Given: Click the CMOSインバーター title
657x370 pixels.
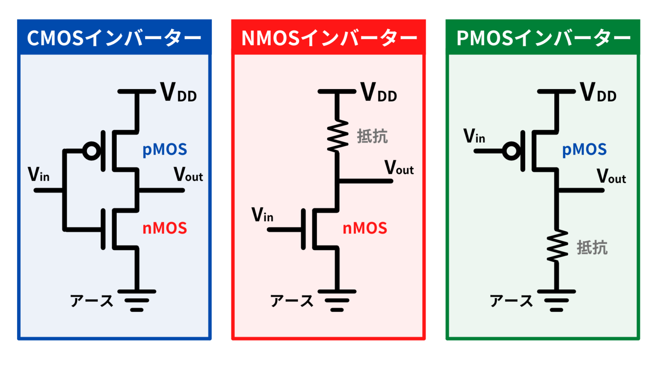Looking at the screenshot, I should click(x=114, y=38).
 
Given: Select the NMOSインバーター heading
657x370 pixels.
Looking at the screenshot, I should click(x=328, y=38).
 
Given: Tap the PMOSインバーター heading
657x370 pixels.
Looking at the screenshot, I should click(x=543, y=38).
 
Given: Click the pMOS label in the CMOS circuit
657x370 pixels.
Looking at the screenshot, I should click(x=165, y=149).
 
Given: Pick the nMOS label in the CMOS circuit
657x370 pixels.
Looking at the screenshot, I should click(x=165, y=228).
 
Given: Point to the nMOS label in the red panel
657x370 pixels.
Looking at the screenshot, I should click(x=365, y=228).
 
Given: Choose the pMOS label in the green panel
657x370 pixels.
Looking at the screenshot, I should click(x=584, y=149).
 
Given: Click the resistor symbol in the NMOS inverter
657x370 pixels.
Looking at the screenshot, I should click(x=337, y=136).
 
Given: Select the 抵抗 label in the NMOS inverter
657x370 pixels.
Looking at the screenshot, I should click(x=372, y=136).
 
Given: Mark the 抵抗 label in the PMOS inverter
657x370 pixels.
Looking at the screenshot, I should click(x=592, y=248).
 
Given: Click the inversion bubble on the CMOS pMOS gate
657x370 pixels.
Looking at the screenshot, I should click(x=92, y=151).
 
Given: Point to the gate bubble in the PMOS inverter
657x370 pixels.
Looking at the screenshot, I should click(x=512, y=151).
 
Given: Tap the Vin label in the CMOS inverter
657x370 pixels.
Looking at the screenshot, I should click(x=38, y=175).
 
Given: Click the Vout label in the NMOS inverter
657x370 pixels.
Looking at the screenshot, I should click(x=399, y=168).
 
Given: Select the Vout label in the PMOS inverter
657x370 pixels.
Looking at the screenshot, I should click(x=611, y=176).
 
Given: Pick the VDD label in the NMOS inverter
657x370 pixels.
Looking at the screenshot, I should click(x=379, y=92).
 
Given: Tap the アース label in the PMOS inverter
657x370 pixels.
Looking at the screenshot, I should click(x=511, y=301).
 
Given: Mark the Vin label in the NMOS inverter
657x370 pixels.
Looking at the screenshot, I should click(x=262, y=215).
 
